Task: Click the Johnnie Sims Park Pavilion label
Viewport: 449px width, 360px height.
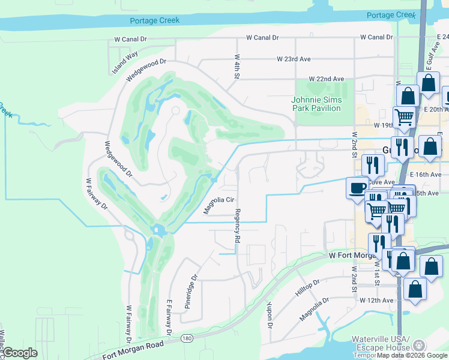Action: [x=316, y=104]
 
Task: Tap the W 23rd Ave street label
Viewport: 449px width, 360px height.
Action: [x=294, y=59]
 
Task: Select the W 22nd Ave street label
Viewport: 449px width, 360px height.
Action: [x=326, y=79]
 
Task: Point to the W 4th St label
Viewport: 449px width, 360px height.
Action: [x=237, y=67]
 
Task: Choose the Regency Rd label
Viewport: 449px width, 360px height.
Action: [x=238, y=226]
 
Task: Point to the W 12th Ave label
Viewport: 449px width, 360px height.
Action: [x=376, y=300]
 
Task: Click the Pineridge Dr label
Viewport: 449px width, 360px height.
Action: [x=191, y=288]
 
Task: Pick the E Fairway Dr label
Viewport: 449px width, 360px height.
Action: [x=170, y=317]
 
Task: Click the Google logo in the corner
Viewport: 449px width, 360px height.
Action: [x=20, y=353]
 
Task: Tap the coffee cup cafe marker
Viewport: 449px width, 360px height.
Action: [x=357, y=188]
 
